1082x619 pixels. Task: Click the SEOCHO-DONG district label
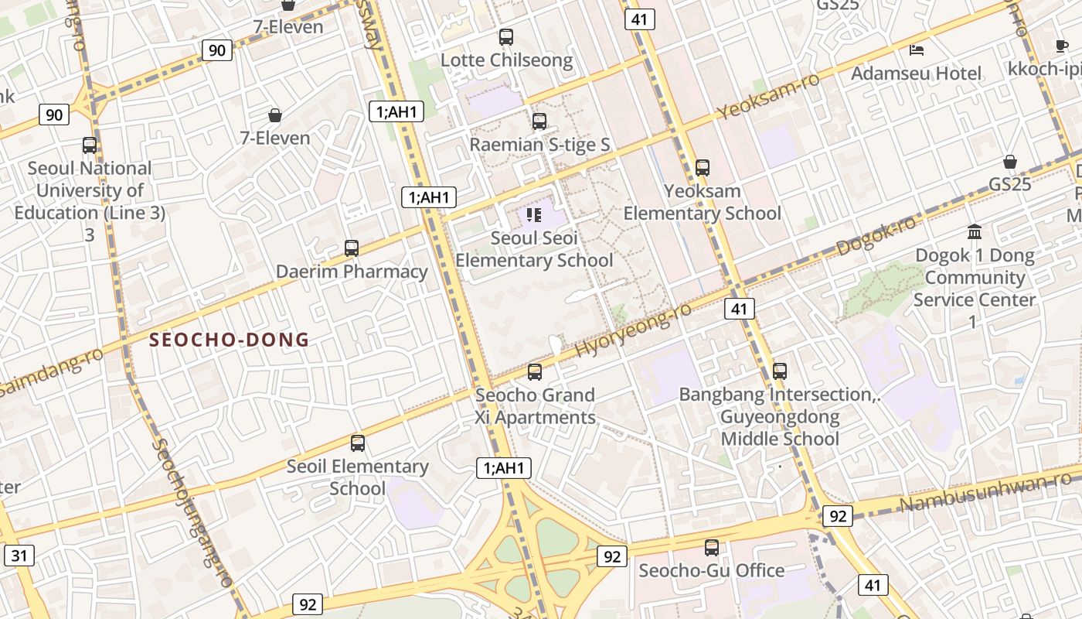229,340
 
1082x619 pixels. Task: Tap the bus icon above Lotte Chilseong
506,36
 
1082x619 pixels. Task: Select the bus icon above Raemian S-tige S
539,121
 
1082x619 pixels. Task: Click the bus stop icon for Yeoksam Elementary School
703,167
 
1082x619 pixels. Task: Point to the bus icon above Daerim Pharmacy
352,248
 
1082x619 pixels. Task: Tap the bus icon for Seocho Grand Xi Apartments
535,371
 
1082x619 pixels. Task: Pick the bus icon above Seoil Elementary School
357,443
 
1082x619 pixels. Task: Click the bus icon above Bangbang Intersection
780,371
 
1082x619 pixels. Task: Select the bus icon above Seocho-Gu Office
712,547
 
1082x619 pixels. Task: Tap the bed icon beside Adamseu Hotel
917,50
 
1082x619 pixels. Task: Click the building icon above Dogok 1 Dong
975,231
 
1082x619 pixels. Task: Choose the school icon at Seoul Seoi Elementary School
534,214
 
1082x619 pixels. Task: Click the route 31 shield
19,555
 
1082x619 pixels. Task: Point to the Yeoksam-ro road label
767,97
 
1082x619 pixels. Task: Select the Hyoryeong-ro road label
633,329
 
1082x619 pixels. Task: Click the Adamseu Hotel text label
916,74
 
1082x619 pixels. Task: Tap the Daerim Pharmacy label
352,272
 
